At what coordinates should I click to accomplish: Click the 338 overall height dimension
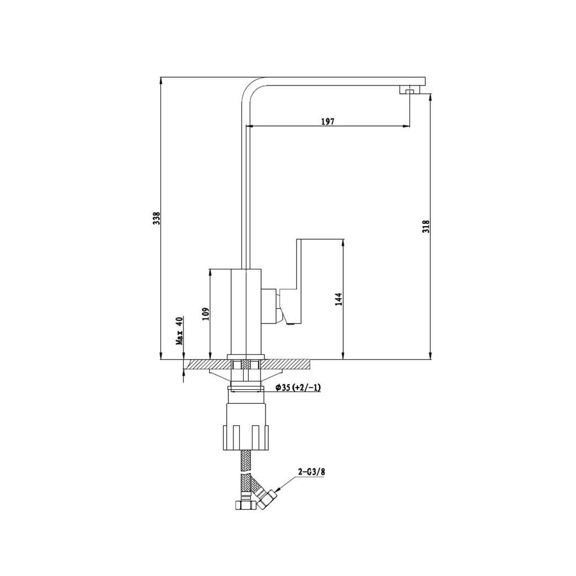click(x=157, y=218)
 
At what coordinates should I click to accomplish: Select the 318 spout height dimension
click(x=426, y=226)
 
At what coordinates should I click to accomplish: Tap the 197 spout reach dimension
click(x=328, y=121)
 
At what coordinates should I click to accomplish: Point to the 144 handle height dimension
click(x=339, y=299)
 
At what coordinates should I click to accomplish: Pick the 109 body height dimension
click(x=206, y=314)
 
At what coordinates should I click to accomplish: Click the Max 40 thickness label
click(x=179, y=331)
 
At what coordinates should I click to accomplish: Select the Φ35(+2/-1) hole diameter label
click(x=298, y=388)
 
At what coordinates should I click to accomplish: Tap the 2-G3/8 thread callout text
click(x=312, y=472)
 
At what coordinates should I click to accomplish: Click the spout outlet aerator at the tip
click(x=409, y=90)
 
